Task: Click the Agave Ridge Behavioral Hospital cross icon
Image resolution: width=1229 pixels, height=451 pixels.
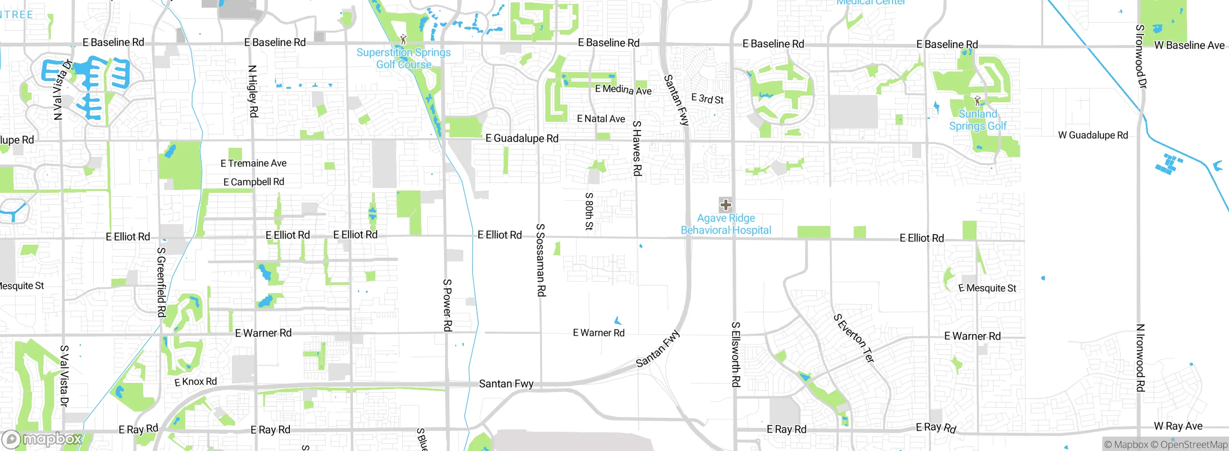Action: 725,205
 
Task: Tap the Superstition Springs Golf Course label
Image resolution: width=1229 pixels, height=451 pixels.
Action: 403,59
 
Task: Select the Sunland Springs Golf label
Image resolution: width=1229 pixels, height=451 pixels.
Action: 978,120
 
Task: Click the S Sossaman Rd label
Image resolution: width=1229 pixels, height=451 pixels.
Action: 541,260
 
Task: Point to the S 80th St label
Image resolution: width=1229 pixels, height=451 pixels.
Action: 589,211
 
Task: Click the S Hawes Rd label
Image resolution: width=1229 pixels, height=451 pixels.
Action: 637,148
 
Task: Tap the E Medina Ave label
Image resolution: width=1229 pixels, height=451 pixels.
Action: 623,90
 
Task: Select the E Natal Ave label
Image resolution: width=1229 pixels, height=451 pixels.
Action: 601,119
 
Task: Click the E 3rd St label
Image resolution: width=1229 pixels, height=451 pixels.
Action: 707,99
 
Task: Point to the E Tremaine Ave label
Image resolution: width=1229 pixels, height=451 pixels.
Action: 253,164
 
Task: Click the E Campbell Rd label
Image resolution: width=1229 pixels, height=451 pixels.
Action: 253,182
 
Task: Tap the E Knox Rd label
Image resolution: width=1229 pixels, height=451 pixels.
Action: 195,382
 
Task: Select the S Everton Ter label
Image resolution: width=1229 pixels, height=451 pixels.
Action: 854,338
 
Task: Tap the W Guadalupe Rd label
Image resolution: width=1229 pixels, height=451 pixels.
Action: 1093,135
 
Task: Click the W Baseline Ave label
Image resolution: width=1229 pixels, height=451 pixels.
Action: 1189,46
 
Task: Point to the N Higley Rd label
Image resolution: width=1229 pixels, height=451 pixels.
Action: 253,91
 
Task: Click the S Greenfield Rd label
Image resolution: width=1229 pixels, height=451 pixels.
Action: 161,282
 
